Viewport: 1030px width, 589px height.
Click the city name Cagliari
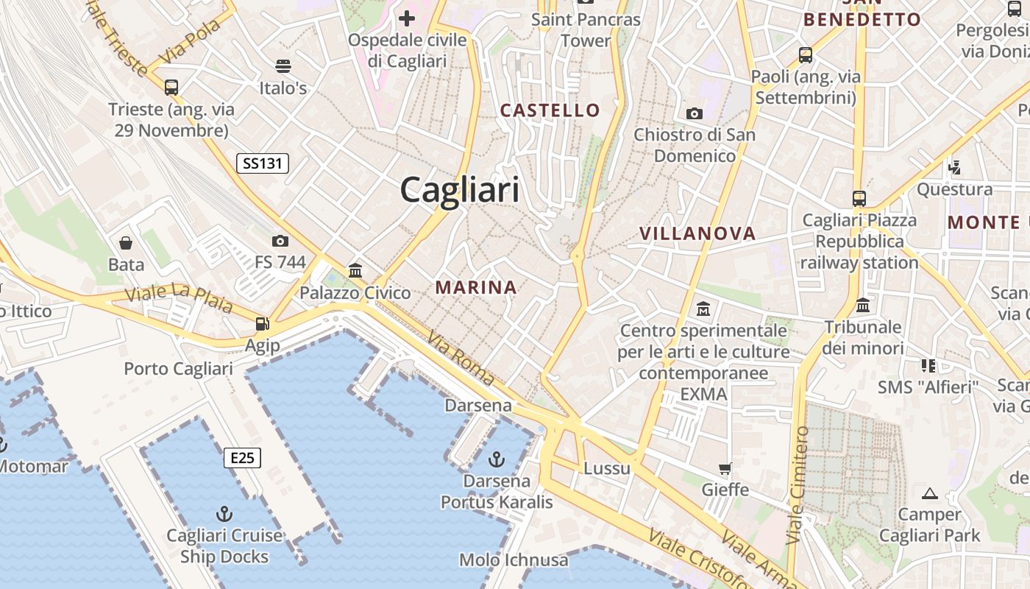point(460,190)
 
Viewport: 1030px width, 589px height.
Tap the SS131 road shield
point(262,163)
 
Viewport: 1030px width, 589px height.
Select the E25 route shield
point(242,458)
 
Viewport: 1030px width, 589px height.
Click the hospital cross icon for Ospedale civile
point(407,18)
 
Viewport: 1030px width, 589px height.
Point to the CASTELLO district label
point(550,110)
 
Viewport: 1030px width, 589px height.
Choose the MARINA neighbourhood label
point(476,287)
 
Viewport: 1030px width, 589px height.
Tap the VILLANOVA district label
point(697,234)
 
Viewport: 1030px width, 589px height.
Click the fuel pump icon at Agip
point(262,323)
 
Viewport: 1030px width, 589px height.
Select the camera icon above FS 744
point(280,241)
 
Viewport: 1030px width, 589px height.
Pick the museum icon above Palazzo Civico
point(355,270)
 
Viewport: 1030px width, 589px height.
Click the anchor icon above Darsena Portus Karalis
point(497,459)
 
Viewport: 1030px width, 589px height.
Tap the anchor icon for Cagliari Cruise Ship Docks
point(224,513)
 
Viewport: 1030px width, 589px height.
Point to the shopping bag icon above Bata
point(126,242)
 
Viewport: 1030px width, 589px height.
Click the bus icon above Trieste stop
point(171,87)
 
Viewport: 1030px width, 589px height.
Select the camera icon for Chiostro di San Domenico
point(694,113)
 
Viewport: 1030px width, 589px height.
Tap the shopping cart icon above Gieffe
point(725,468)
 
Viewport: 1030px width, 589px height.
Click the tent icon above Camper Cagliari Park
point(930,493)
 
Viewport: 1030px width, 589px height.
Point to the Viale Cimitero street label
point(798,485)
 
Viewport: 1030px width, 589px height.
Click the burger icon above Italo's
point(283,66)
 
